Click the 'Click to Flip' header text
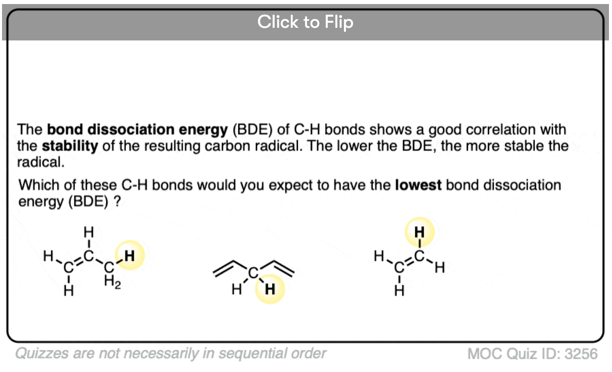click(x=305, y=22)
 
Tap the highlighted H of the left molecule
click(x=129, y=256)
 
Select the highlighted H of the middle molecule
click(x=270, y=289)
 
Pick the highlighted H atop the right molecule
click(x=419, y=232)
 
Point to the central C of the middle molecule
click(x=253, y=272)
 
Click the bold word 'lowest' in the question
click(x=418, y=185)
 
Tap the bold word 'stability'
click(x=70, y=146)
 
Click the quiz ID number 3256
click(x=581, y=354)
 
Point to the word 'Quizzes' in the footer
click(x=41, y=354)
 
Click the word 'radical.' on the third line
click(x=40, y=162)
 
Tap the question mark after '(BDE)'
click(x=117, y=202)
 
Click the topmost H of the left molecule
click(x=89, y=232)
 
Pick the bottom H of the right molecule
click(x=399, y=291)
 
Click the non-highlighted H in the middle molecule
click(x=237, y=289)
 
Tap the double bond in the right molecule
click(x=409, y=262)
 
